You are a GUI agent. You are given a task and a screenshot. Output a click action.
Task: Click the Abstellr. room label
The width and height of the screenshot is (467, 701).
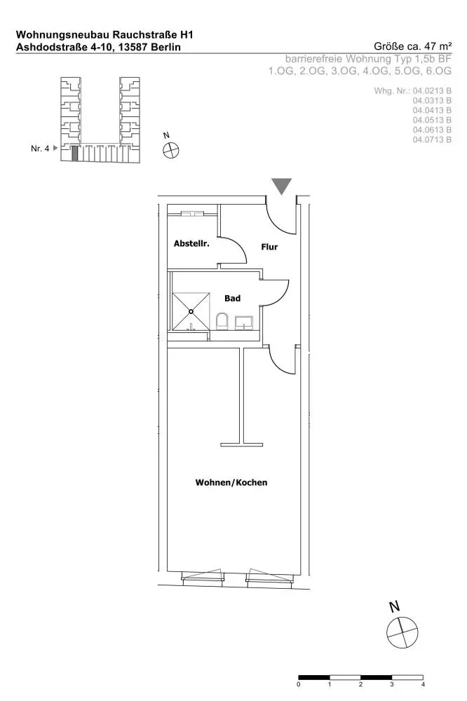[x=191, y=244]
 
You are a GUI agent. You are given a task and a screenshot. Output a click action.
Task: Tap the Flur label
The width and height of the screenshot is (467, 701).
[x=269, y=247]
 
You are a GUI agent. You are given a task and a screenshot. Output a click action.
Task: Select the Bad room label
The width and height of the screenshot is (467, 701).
[x=233, y=298]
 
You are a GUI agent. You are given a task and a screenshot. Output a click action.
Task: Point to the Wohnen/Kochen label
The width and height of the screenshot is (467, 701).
[x=231, y=482]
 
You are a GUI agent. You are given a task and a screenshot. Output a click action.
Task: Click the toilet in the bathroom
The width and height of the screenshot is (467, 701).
[x=222, y=321]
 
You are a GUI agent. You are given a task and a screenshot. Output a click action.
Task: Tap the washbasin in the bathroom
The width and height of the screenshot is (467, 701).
[x=244, y=322]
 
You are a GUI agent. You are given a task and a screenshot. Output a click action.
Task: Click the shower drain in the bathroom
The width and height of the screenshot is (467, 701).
[x=191, y=311]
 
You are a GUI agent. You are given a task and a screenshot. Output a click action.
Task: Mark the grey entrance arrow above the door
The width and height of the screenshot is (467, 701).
[x=282, y=186]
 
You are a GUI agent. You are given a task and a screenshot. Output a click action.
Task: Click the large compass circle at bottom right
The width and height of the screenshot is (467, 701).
[x=402, y=632]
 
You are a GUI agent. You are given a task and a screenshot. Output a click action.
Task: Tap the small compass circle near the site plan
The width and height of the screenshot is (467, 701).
[x=170, y=150]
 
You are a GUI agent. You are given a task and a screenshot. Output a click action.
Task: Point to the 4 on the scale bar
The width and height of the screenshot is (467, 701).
[x=423, y=684]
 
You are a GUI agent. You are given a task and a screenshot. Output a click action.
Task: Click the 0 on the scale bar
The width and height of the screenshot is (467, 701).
[x=299, y=684]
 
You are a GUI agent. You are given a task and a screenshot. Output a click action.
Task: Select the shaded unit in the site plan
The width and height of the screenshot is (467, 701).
[x=75, y=154]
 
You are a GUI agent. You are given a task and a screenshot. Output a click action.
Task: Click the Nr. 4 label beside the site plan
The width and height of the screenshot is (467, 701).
[x=40, y=149]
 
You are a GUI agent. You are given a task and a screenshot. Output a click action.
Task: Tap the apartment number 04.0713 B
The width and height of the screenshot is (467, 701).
[x=432, y=139]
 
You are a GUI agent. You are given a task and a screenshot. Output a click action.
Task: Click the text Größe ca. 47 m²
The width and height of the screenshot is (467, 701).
[x=412, y=46]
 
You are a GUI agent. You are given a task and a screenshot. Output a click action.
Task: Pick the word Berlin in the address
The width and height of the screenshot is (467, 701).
[x=166, y=47]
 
